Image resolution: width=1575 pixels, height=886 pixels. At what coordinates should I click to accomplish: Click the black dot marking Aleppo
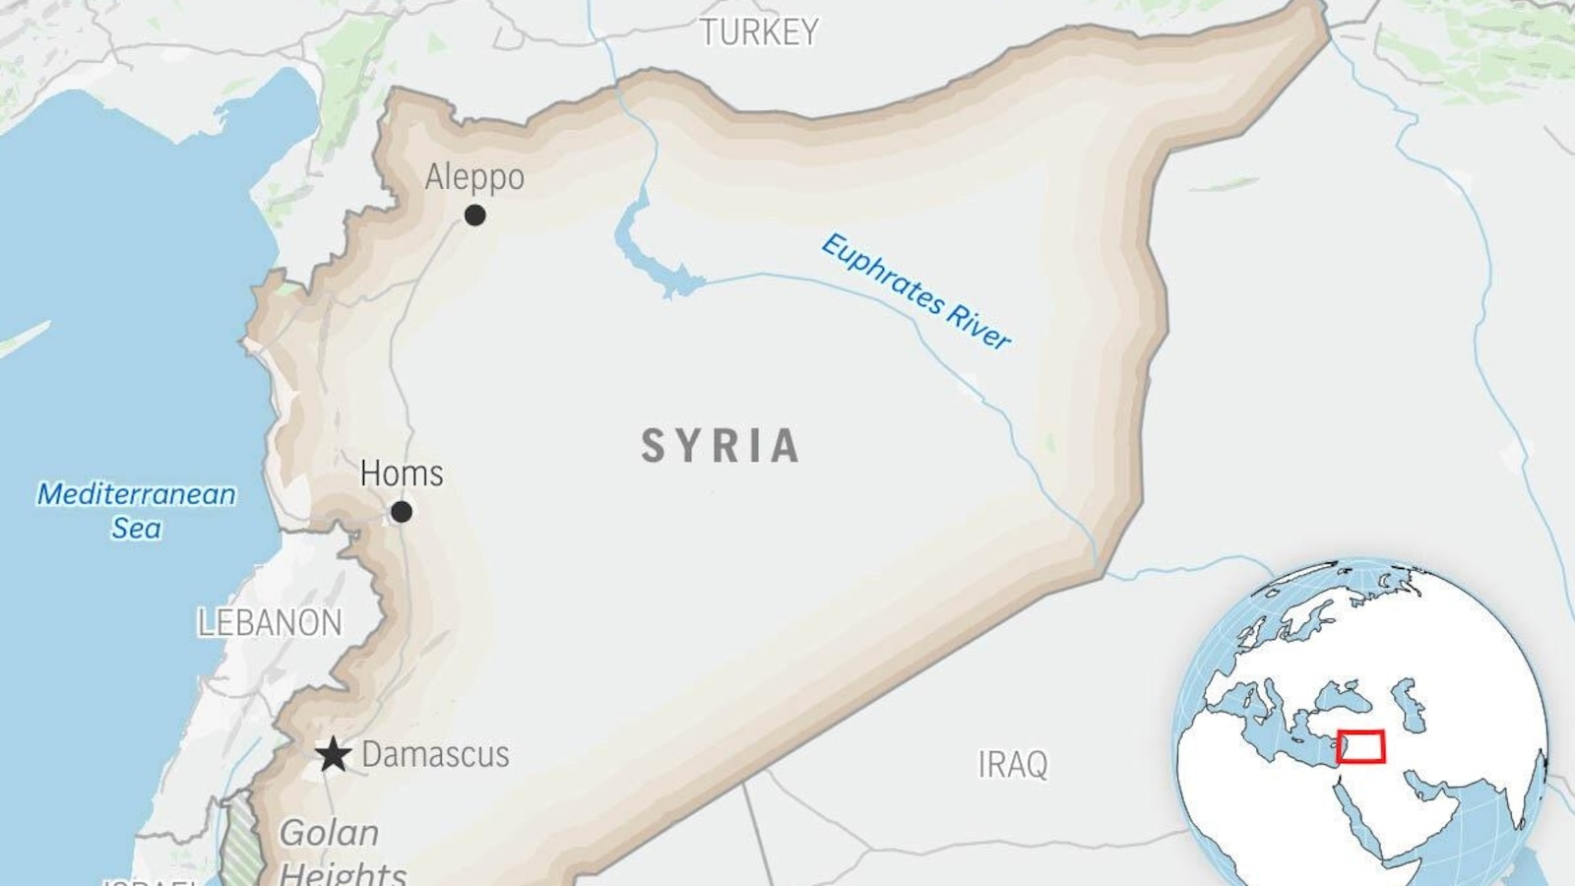point(474,215)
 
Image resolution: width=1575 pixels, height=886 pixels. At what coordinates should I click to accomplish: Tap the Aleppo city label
point(474,177)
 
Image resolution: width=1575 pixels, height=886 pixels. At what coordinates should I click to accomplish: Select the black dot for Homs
point(401,512)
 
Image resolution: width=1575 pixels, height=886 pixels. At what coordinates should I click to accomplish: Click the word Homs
point(402,474)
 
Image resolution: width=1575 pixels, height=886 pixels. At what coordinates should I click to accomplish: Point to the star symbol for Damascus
point(334,755)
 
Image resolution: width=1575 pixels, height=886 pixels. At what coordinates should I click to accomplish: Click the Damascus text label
point(435,755)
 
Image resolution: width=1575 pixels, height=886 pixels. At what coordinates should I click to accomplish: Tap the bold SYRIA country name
point(721,446)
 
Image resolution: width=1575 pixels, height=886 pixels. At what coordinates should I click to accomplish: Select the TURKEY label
point(759,32)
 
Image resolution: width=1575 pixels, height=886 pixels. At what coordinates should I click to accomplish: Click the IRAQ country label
point(1012,765)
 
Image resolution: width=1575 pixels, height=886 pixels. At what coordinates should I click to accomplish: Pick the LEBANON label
point(270,623)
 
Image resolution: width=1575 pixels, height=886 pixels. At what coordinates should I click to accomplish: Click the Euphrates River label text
point(915,291)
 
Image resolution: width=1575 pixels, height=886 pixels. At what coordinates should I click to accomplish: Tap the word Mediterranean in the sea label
point(137,494)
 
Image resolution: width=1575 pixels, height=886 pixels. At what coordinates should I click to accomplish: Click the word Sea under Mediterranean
point(136,529)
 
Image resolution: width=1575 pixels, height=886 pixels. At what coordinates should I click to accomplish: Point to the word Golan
point(329,833)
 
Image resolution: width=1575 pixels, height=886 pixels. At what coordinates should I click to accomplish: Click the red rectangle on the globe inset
point(1360,747)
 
